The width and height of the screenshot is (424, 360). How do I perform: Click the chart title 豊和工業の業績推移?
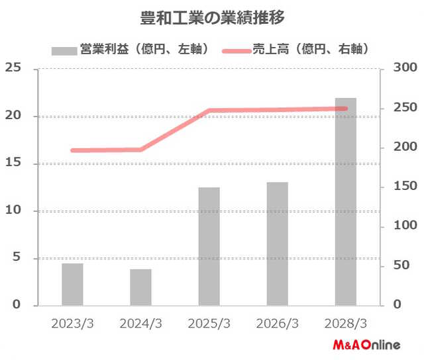tap(213, 16)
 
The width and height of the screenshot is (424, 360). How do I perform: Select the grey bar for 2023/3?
tap(72, 285)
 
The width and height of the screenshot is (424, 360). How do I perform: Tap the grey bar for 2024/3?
tap(140, 287)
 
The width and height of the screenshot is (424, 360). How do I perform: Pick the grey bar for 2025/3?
tap(209, 246)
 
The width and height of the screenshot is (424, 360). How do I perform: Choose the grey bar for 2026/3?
tap(277, 244)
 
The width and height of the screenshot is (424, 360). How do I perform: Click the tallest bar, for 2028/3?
tap(345, 202)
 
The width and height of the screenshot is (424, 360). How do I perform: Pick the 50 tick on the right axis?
tap(403, 265)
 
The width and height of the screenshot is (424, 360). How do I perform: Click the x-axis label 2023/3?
tap(72, 324)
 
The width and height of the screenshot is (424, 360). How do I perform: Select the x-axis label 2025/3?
tap(209, 324)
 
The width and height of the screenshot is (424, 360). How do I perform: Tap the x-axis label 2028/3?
tap(345, 324)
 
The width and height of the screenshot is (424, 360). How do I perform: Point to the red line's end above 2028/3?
tap(344, 109)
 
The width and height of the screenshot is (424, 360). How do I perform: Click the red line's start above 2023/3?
tap(73, 150)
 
